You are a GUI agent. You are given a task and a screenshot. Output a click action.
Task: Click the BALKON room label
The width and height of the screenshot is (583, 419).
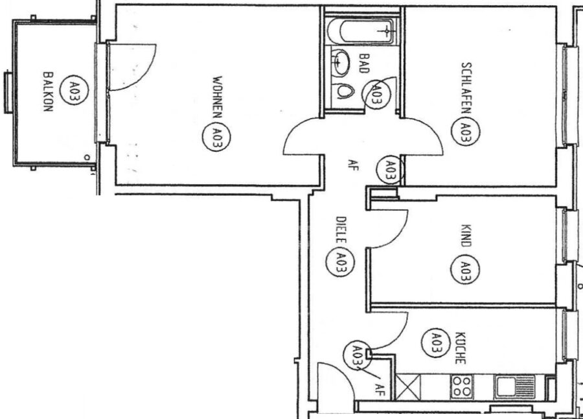[48, 91]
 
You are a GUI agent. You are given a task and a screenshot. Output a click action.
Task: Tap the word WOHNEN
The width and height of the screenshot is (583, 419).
[217, 97]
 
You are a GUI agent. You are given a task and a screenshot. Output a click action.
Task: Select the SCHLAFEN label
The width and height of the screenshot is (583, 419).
[466, 88]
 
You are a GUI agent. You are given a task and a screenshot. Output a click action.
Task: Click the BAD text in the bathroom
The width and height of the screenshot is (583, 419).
[364, 63]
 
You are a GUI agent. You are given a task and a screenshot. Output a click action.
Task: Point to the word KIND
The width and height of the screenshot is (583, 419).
[466, 235]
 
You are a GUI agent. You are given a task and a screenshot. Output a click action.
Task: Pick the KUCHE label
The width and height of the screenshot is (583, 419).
[461, 348]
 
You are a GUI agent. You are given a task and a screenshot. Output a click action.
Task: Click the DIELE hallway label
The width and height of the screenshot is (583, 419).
[341, 230]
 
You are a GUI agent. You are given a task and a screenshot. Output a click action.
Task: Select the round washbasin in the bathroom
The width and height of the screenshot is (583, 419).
[340, 62]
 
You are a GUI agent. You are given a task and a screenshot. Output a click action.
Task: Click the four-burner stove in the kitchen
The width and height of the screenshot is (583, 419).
[462, 387]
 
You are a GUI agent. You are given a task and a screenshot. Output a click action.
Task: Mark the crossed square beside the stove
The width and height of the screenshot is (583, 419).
[408, 387]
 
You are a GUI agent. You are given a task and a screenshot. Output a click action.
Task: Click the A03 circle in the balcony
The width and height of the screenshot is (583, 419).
[74, 91]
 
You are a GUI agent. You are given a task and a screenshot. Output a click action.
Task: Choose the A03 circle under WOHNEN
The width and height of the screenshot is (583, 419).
[216, 137]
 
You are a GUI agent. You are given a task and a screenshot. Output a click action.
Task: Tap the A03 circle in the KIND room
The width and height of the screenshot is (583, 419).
[465, 269]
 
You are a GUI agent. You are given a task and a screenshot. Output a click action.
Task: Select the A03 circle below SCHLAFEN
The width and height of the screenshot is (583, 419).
[465, 132]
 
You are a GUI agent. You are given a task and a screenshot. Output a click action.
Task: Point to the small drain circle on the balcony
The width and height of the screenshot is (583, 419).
[87, 158]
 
